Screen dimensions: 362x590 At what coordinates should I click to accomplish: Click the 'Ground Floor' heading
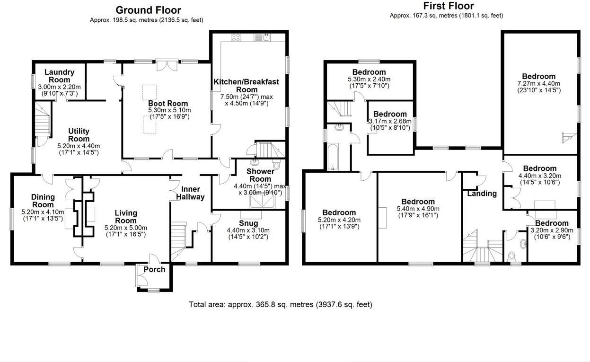tap(148, 10)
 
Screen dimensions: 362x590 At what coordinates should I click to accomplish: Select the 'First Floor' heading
tap(448, 6)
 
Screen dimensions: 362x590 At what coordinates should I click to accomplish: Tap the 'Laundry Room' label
tap(59, 76)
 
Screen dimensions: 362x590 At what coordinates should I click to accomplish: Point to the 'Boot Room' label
tap(168, 103)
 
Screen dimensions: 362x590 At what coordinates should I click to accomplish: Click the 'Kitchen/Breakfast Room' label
tap(247, 86)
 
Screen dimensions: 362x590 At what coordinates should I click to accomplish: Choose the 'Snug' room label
tap(248, 223)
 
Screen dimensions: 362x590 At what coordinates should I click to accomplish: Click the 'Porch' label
tap(154, 269)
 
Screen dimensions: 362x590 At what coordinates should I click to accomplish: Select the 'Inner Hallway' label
tap(191, 193)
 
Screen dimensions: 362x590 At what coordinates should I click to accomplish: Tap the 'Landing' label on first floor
tap(482, 193)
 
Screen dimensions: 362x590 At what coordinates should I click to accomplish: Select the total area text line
tap(281, 304)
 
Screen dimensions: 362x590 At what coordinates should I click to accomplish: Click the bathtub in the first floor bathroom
tap(333, 157)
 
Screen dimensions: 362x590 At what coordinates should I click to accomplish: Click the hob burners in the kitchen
tap(236, 37)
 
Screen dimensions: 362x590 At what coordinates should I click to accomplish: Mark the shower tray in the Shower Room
tap(262, 202)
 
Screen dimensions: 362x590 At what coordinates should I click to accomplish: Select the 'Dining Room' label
tap(43, 201)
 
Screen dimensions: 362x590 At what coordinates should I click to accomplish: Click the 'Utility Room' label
tap(79, 135)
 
